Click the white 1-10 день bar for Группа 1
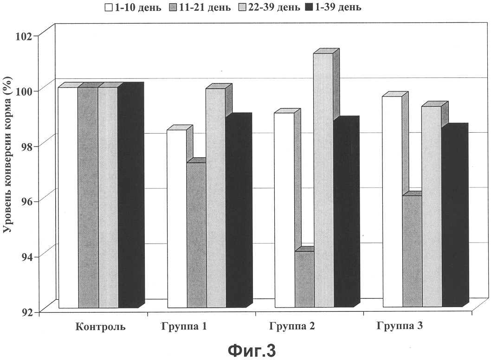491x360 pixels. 177,219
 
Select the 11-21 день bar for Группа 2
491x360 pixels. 304,279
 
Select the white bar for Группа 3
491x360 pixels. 393,202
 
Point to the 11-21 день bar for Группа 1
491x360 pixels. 197,235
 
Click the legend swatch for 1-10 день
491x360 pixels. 109,7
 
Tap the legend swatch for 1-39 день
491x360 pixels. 309,7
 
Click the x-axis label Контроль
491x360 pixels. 100,327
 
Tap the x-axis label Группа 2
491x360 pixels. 292,326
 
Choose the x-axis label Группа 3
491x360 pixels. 400,326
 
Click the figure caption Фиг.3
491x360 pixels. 252,351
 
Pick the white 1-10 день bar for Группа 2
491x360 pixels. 284,210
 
